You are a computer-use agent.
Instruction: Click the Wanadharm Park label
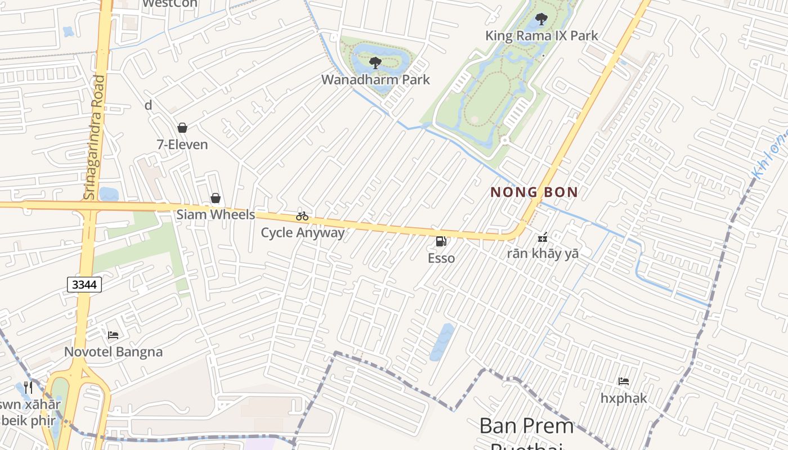click(375, 80)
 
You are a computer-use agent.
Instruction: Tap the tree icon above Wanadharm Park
click(375, 63)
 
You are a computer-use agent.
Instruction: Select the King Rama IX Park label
click(541, 36)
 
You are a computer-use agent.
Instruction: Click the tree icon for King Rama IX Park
click(541, 20)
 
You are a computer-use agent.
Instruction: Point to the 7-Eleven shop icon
click(182, 128)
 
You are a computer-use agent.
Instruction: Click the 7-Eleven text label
click(182, 145)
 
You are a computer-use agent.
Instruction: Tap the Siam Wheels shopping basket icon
click(215, 198)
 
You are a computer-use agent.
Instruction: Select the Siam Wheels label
click(216, 215)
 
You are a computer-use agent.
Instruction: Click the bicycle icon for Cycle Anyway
click(302, 216)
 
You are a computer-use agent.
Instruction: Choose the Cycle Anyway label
click(302, 232)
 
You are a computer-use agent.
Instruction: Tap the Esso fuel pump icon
click(441, 241)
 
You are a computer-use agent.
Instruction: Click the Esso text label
click(441, 258)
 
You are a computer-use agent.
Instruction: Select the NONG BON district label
click(534, 192)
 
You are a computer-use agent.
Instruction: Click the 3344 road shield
click(84, 285)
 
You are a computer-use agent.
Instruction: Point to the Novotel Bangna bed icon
click(113, 335)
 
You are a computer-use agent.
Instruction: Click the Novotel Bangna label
click(113, 352)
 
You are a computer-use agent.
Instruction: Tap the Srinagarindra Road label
click(94, 137)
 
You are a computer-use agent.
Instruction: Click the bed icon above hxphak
click(624, 381)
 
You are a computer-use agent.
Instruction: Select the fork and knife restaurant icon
click(29, 388)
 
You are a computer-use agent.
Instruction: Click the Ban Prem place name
click(526, 426)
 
